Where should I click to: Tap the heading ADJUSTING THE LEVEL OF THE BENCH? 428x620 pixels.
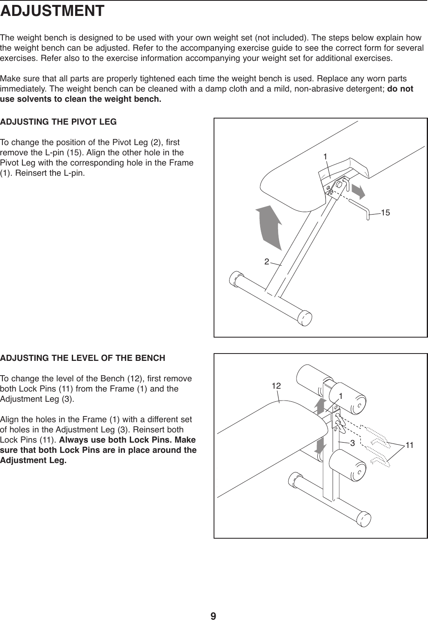tap(83, 358)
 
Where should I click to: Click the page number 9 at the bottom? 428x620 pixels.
tap(214, 604)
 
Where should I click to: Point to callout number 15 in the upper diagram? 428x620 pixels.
tap(386, 212)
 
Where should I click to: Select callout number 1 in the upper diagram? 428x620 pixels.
tap(325, 156)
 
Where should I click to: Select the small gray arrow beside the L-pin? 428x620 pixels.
tap(357, 190)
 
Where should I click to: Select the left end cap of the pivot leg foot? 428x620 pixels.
tap(236, 279)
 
